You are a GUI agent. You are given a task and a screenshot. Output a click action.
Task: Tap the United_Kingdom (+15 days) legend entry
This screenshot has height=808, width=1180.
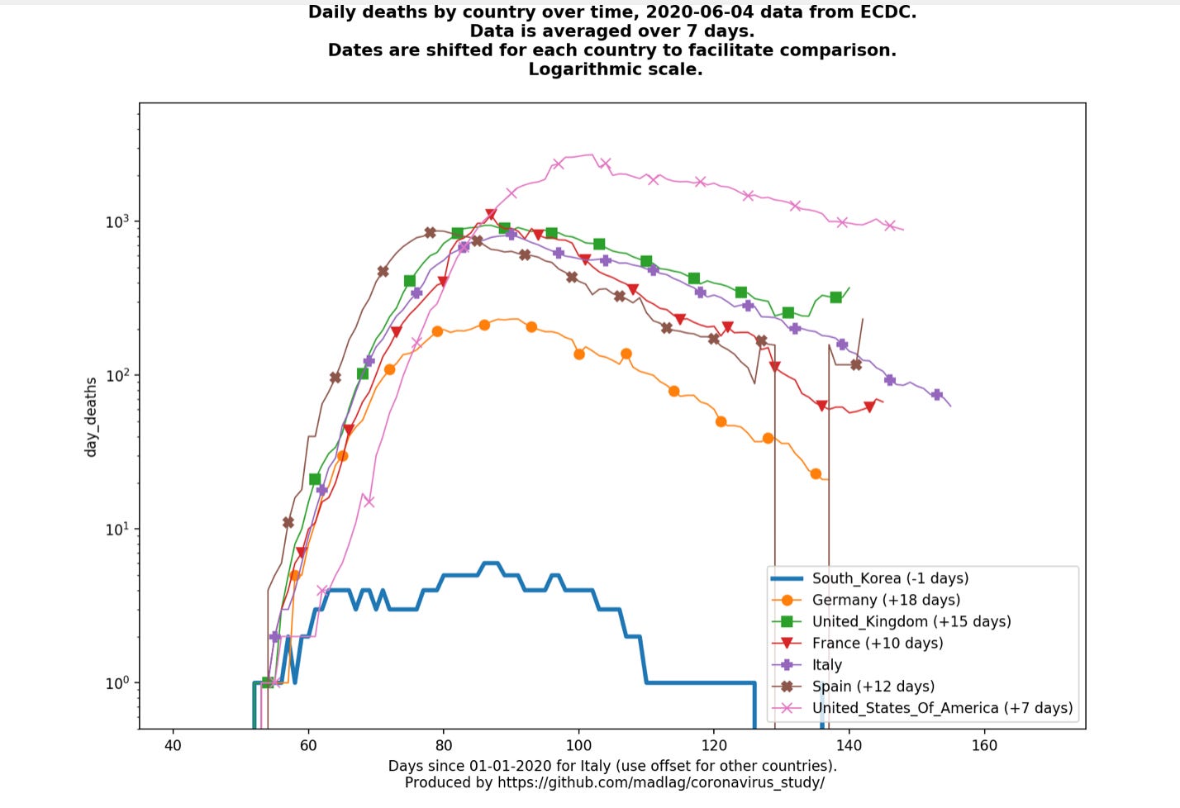[911, 621]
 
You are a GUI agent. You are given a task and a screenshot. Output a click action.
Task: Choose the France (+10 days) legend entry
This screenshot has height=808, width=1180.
[877, 643]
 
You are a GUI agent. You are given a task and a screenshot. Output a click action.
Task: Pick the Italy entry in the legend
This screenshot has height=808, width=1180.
[826, 664]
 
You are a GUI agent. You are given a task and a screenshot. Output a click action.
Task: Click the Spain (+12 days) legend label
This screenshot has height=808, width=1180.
[873, 686]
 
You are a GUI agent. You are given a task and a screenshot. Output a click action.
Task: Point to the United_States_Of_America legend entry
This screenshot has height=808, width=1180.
[942, 708]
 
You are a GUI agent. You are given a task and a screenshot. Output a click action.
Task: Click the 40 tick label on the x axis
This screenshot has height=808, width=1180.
[173, 745]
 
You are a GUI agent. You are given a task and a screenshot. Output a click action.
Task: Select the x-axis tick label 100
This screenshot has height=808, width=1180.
[578, 745]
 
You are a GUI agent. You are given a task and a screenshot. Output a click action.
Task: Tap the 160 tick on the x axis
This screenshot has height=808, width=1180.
[984, 745]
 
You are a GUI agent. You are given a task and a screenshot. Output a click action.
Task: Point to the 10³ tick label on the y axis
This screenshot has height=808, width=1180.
[117, 221]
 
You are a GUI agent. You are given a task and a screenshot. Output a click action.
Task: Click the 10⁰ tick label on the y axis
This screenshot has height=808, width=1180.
[117, 682]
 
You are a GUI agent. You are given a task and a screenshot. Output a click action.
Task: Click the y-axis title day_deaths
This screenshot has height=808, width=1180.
[91, 416]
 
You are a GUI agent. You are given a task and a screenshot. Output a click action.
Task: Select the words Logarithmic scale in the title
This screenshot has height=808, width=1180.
[616, 69]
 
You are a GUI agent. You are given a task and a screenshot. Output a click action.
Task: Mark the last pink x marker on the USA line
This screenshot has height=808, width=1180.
[890, 226]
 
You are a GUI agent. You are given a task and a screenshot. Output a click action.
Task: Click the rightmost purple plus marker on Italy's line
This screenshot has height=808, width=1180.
[936, 395]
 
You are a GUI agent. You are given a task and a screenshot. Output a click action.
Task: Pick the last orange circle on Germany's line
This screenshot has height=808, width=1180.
[816, 474]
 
